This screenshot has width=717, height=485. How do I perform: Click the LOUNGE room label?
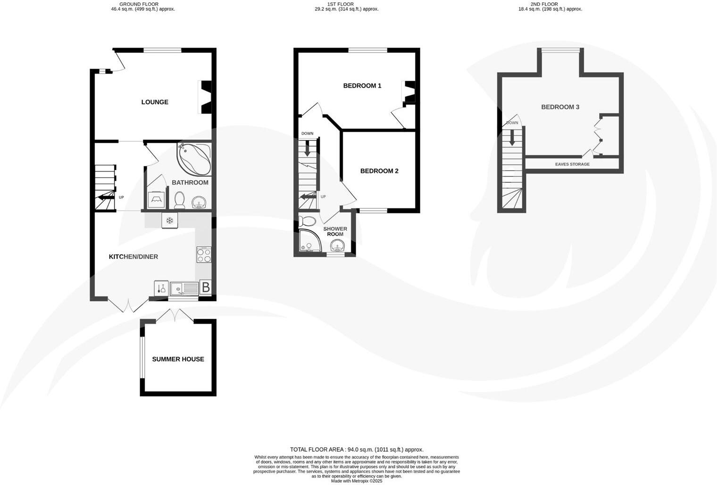155,102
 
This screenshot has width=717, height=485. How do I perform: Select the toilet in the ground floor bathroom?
179,200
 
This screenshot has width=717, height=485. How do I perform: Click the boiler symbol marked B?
206,286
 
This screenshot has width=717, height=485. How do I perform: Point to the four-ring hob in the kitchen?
204,255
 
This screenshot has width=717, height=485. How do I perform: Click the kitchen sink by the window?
184,288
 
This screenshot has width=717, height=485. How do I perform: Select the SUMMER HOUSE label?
178,359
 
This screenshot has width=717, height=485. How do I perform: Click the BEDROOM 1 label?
362,86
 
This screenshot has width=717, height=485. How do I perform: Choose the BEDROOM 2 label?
379,171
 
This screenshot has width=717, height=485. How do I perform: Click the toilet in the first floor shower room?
308,221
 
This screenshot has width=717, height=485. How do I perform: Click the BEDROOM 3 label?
560,107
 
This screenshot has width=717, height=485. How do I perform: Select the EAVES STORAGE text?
572,164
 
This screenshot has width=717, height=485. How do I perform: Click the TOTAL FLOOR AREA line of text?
357,450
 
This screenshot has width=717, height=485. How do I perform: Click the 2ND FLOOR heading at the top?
544,4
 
